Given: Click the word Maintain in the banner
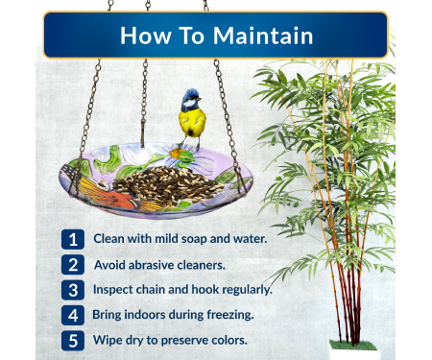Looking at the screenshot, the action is tap(263, 36).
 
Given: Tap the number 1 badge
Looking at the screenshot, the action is tap(73, 239).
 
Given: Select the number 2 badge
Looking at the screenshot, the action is tap(73, 265).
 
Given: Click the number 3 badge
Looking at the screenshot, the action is tap(73, 290).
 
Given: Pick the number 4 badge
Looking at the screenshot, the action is tap(73, 315).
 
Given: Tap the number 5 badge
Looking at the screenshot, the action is tap(73, 341).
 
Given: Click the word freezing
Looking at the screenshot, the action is tap(230, 315).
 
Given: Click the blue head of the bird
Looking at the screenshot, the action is tap(190, 97).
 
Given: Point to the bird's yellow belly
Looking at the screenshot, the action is tap(192, 122).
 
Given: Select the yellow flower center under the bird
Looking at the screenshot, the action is tap(176, 154).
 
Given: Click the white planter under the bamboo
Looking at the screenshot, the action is tap(354, 353).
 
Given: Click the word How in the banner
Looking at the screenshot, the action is tap(146, 36).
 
